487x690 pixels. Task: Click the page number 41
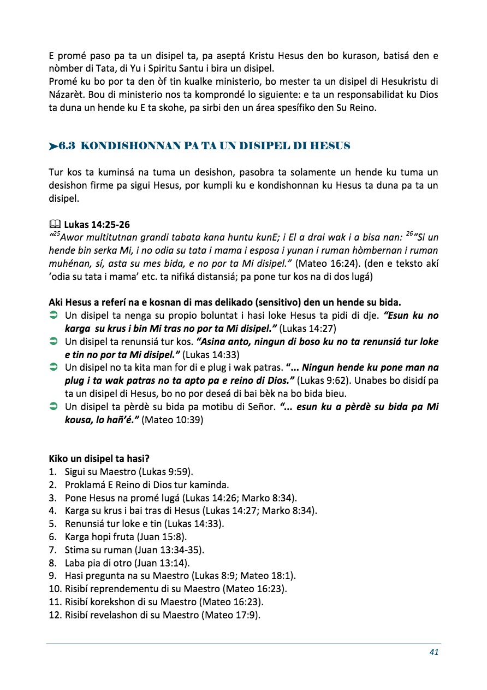point(434,652)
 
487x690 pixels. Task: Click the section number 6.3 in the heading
point(72,146)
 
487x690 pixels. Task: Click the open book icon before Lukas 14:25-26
point(55,224)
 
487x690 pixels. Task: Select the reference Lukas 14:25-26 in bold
point(97,224)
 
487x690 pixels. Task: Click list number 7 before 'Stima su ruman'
point(53,550)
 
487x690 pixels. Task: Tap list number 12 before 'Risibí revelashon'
point(55,615)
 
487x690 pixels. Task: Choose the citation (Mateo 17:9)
point(231,615)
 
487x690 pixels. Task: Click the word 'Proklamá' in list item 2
point(85,485)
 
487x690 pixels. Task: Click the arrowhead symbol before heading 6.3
point(54,146)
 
